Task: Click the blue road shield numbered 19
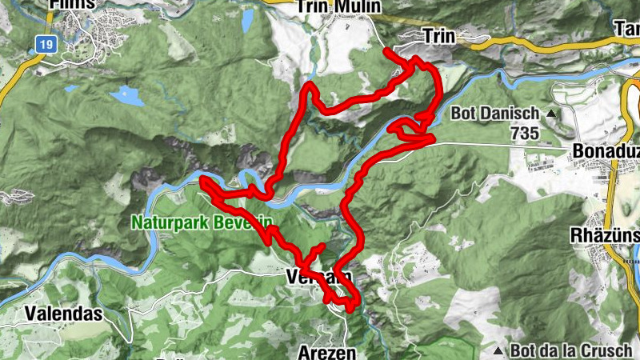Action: [x=46, y=46]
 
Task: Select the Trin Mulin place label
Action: [x=338, y=6]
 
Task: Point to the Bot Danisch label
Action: [x=495, y=113]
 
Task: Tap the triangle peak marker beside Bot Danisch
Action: [x=551, y=113]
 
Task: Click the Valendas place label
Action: [x=63, y=313]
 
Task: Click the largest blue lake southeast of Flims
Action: [x=127, y=96]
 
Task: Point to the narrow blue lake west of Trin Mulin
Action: [x=247, y=18]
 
